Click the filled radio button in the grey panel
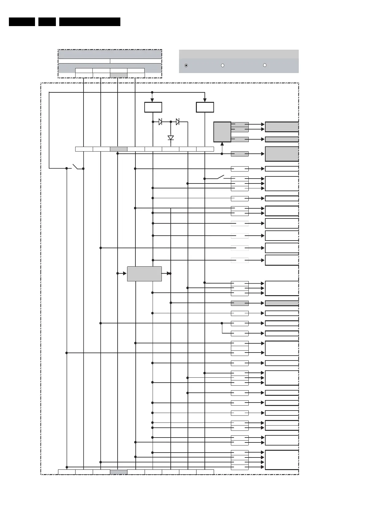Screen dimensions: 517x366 (x=186, y=65)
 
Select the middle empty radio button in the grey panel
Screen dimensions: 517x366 (x=223, y=65)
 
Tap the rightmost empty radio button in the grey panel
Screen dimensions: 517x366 (x=265, y=65)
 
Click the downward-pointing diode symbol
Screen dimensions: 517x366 (x=171, y=138)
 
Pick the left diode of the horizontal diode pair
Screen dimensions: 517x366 (x=160, y=122)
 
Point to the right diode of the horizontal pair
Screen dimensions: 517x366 (x=177, y=122)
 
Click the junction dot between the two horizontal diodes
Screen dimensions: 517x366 (x=171, y=122)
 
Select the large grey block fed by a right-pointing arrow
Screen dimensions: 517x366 (x=144, y=274)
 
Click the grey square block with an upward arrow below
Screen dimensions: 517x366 (x=222, y=132)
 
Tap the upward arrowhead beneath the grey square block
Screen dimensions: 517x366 (x=222, y=144)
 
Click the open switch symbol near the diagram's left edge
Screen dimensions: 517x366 (x=75, y=167)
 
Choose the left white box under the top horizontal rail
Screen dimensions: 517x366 (x=153, y=107)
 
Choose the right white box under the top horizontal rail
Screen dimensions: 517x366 (x=205, y=107)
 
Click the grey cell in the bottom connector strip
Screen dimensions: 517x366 (x=119, y=472)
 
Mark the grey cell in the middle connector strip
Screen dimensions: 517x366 (x=119, y=149)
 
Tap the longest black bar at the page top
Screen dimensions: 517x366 (x=90, y=22)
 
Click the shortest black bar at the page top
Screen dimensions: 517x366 (x=47, y=22)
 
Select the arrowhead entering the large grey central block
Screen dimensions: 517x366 (x=125, y=273)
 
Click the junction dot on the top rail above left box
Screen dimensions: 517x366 (x=152, y=92)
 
